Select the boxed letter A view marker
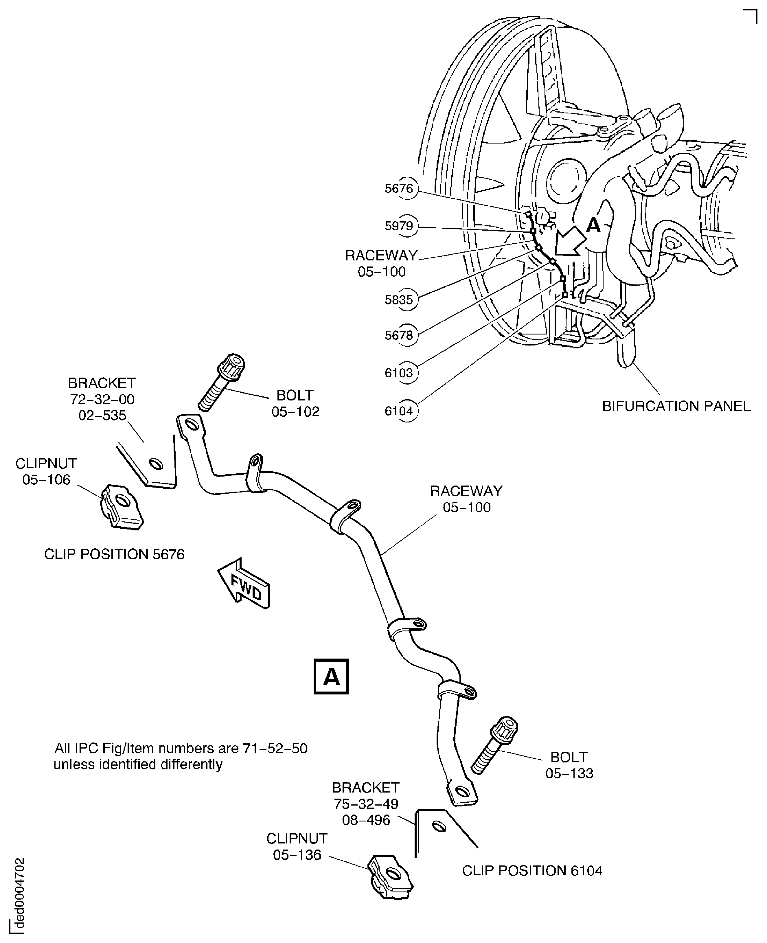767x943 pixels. click(331, 677)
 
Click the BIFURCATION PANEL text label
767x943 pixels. click(676, 406)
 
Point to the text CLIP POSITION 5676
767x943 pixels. click(114, 554)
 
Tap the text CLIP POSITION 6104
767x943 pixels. click(532, 871)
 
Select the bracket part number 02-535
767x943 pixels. click(102, 416)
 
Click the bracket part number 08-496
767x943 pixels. click(366, 820)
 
